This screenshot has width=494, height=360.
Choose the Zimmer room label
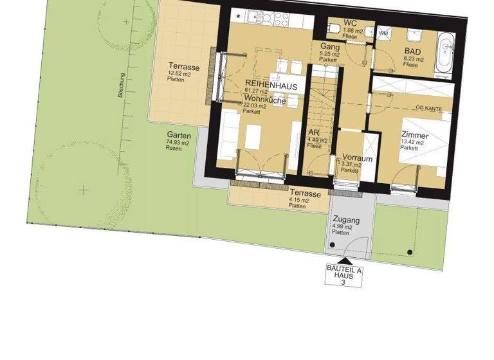tap(414, 136)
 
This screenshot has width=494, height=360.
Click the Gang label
tap(329, 46)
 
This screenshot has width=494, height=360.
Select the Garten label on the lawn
tap(178, 135)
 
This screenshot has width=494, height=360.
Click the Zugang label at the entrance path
tap(347, 221)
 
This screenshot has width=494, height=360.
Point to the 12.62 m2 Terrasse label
tap(184, 67)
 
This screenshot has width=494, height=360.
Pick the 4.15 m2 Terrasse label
tap(305, 194)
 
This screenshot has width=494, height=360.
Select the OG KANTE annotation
tap(428, 109)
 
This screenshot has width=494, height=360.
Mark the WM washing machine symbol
tap(383, 33)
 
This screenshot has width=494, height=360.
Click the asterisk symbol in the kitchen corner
tap(239, 15)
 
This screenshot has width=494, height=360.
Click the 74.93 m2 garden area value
tap(178, 142)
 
